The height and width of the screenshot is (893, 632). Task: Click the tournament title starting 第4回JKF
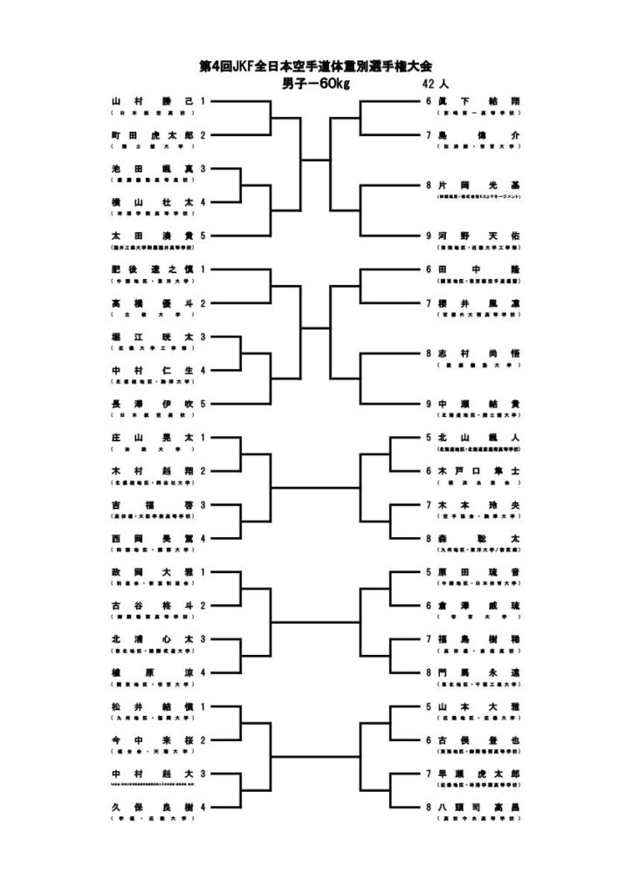point(315,67)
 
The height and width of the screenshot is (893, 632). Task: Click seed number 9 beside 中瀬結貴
point(429,404)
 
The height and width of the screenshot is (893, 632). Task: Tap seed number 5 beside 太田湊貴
point(203,235)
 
